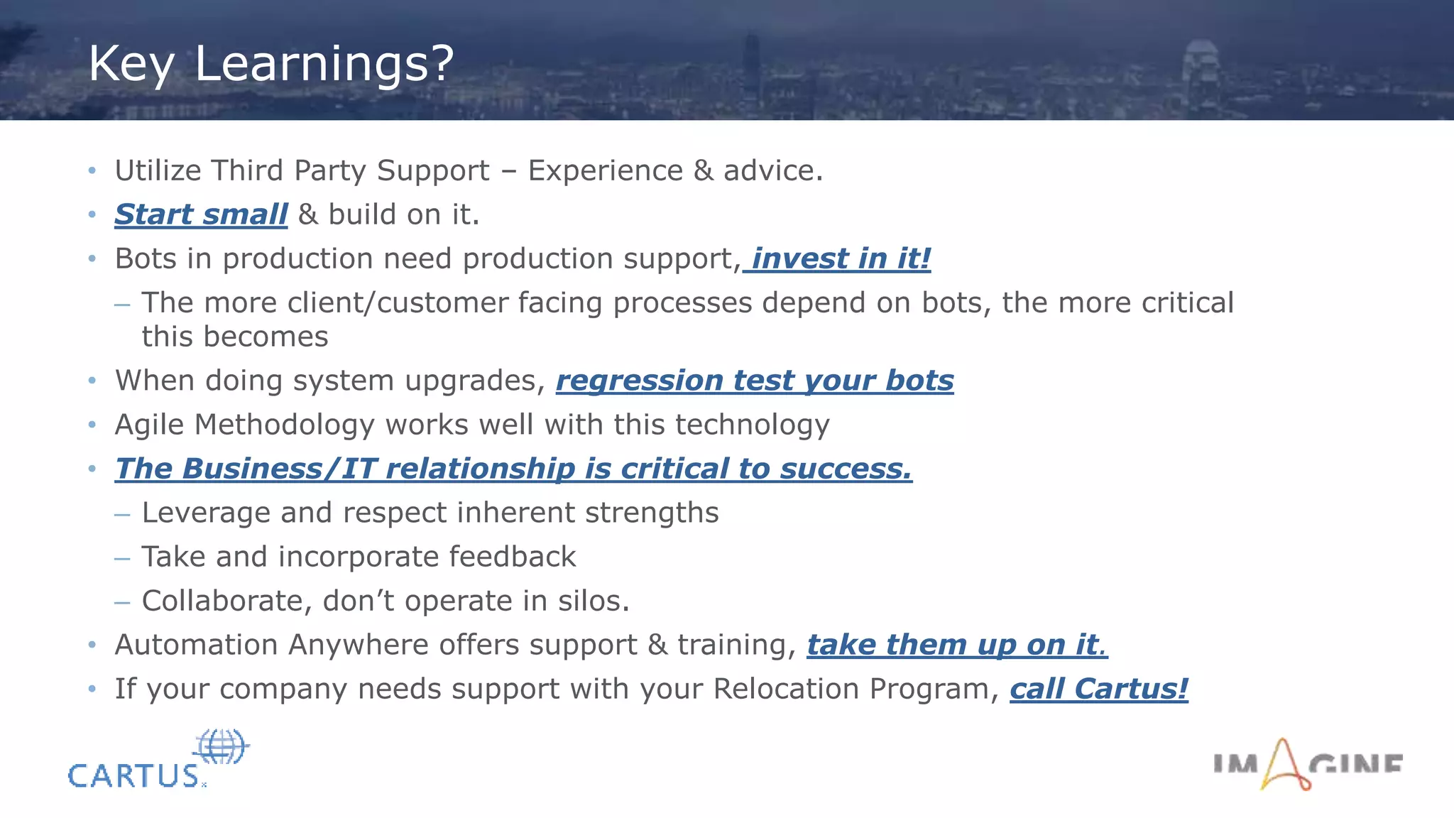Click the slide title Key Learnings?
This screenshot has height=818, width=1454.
coord(270,64)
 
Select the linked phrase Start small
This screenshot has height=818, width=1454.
coord(201,214)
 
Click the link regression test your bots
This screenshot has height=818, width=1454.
coord(755,381)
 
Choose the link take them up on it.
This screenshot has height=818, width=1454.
coord(956,645)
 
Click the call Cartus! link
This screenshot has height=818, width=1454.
coord(1098,689)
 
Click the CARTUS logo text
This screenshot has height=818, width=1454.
coord(133,776)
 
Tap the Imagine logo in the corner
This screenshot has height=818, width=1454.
coord(1307,765)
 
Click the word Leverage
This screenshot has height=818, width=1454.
coord(206,513)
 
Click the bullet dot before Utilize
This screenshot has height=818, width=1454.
coord(92,170)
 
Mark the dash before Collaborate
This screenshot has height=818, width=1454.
coord(122,601)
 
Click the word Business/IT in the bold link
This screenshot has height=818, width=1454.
coord(279,469)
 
